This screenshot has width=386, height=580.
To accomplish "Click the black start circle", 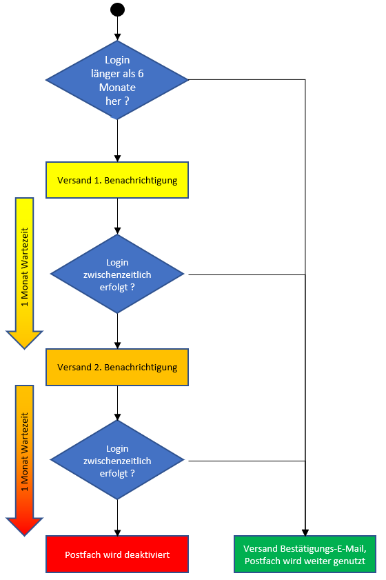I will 117,10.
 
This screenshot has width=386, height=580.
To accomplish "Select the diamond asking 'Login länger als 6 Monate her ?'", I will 117,80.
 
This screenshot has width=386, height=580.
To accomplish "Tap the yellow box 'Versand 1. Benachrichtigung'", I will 117,181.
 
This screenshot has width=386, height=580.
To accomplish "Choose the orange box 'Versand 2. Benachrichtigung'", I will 117,367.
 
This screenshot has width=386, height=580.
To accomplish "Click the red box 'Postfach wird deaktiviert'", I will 117,554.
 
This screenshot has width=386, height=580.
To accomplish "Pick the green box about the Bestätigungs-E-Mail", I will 305,554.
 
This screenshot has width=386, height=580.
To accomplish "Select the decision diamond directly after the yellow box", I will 117,274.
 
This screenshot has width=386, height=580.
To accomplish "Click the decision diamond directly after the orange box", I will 117,460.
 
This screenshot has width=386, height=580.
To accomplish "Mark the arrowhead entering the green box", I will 305,531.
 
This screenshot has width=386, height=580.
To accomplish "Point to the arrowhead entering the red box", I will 117,531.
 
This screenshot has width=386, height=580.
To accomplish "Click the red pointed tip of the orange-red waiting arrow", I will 25,530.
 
